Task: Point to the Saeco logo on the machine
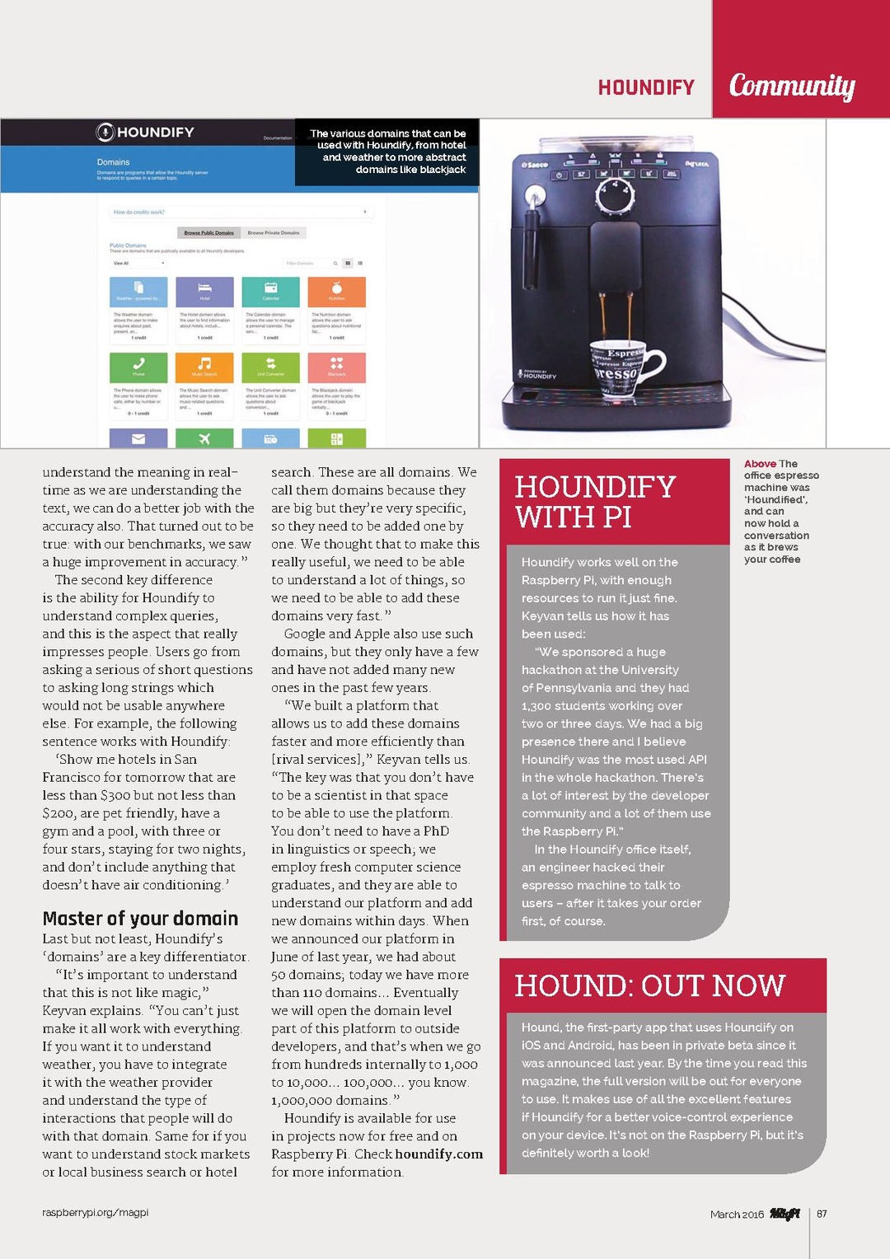point(535,165)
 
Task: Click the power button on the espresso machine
point(559,175)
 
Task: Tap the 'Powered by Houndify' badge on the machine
point(537,374)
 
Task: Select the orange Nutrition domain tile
point(336,292)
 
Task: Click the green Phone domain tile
point(138,367)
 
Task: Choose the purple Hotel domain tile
point(204,292)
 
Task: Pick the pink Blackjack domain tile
point(336,367)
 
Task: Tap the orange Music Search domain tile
point(204,367)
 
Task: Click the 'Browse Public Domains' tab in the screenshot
point(208,232)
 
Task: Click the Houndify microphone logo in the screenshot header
point(105,132)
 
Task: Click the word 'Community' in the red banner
point(791,85)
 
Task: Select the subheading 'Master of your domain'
point(140,919)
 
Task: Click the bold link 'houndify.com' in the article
point(438,1154)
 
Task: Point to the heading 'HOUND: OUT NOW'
point(649,985)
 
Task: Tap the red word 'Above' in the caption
point(760,464)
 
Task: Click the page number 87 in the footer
point(822,1214)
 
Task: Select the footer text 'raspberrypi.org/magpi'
point(96,1213)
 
